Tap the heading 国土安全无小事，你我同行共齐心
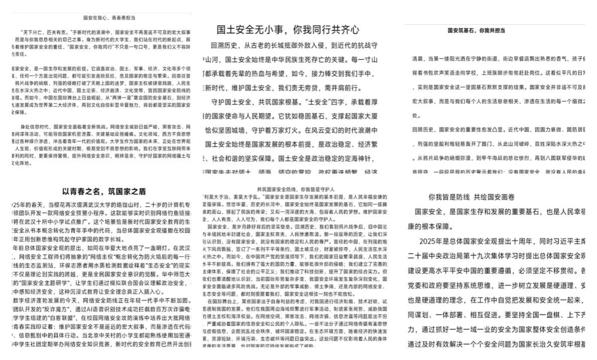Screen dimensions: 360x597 point(288,29)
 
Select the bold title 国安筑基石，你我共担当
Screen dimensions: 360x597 point(476,31)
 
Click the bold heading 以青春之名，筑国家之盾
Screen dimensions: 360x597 point(105,192)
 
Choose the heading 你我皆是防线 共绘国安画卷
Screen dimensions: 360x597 point(471,197)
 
